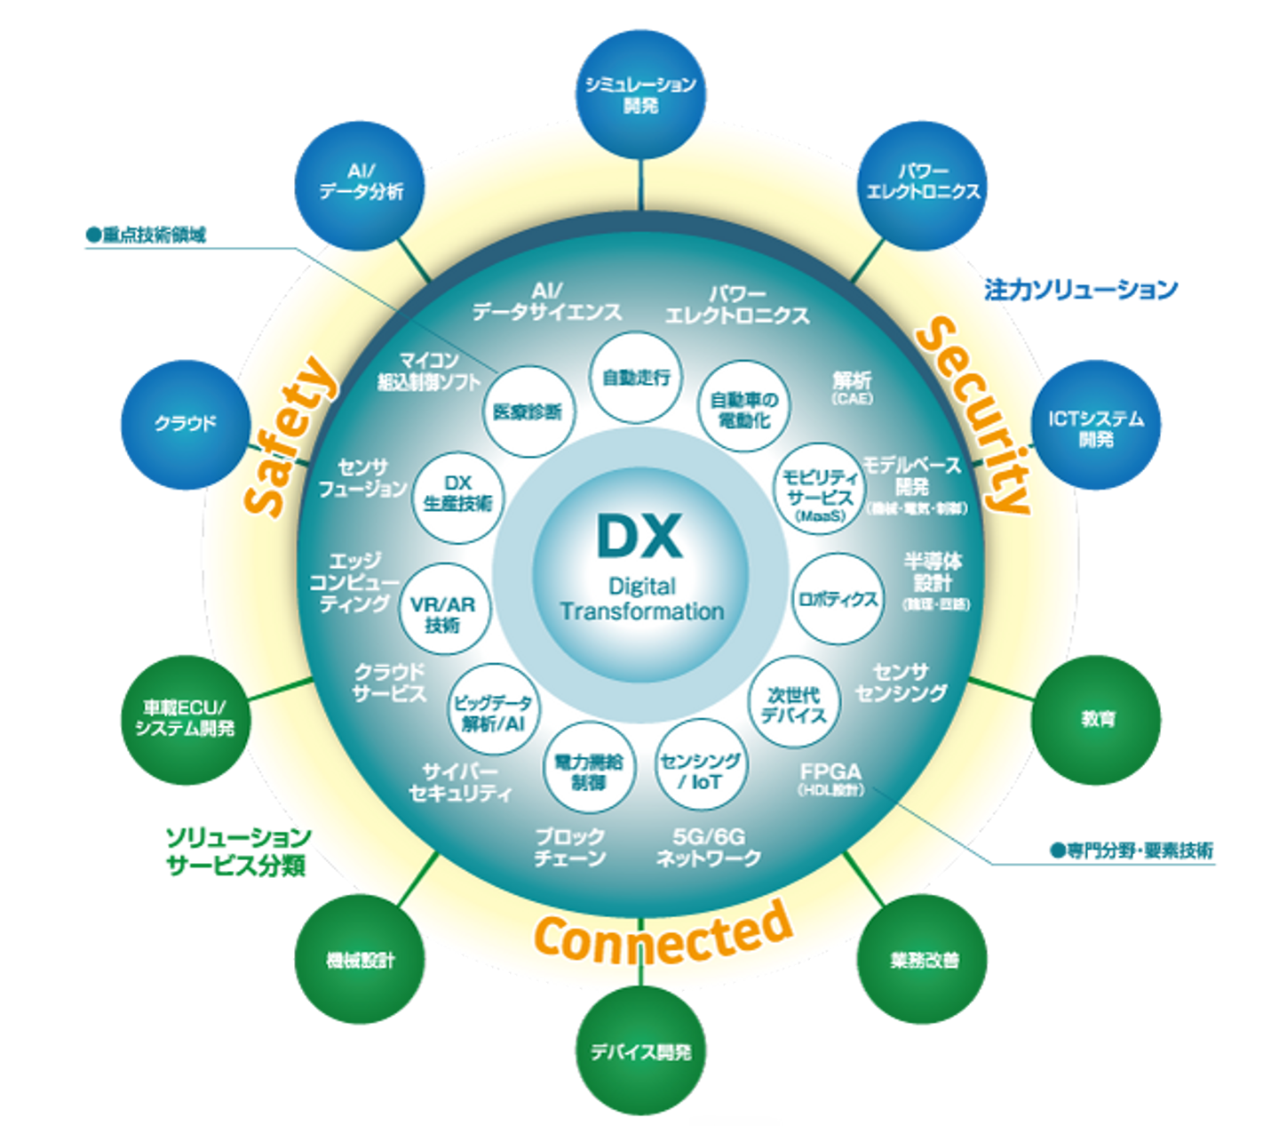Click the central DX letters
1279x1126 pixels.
coord(639,536)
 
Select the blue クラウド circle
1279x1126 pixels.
coord(185,424)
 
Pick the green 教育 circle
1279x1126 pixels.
coord(1098,719)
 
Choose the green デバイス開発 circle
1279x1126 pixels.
coord(640,1051)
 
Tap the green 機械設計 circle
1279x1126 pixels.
coord(360,960)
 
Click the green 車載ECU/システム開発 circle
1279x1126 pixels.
coord(185,718)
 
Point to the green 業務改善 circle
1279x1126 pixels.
coord(924,960)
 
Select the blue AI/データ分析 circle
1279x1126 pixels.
coord(360,180)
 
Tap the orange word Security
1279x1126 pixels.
coord(974,416)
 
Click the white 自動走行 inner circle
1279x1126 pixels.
coord(636,378)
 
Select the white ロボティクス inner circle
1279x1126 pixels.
coord(837,598)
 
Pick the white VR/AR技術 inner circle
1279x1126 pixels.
coord(442,613)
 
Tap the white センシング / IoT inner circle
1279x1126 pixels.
coord(700,771)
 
